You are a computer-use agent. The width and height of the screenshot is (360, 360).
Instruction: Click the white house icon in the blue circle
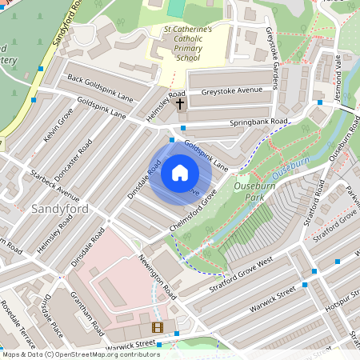[x=180, y=172]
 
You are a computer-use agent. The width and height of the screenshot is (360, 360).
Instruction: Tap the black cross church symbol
[x=180, y=103]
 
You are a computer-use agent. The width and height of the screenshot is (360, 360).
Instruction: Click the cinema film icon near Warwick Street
[x=157, y=327]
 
